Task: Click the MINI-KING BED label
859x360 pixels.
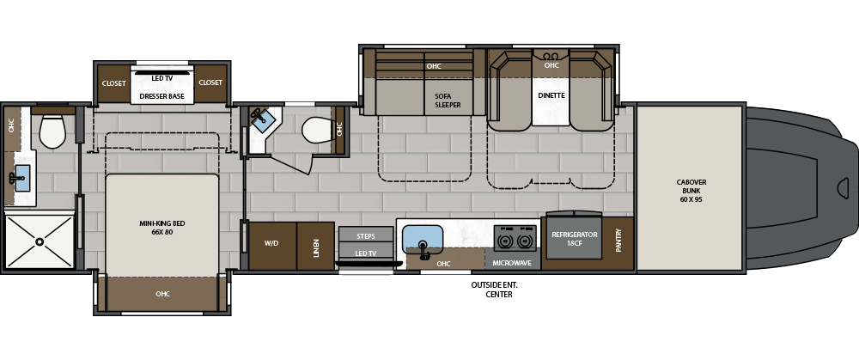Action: click(162, 228)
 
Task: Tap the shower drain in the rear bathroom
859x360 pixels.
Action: click(40, 241)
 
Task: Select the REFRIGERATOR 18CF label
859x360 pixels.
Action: click(574, 239)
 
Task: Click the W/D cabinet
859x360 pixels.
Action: click(273, 246)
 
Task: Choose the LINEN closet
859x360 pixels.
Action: click(315, 246)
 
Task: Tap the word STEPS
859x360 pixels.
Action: click(365, 236)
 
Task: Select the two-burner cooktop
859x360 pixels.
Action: click(514, 238)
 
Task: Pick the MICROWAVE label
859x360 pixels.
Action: click(512, 263)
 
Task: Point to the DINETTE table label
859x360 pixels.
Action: click(551, 95)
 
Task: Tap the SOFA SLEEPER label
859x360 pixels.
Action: click(448, 101)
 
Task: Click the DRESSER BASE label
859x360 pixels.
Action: click(162, 96)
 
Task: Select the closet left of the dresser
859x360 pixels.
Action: click(114, 84)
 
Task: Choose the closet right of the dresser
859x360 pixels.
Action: click(210, 84)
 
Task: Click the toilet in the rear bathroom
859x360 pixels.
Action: click(52, 131)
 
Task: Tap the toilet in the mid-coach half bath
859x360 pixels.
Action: click(317, 131)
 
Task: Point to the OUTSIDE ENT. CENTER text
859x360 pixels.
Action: click(494, 290)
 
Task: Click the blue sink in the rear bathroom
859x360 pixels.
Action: click(22, 178)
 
